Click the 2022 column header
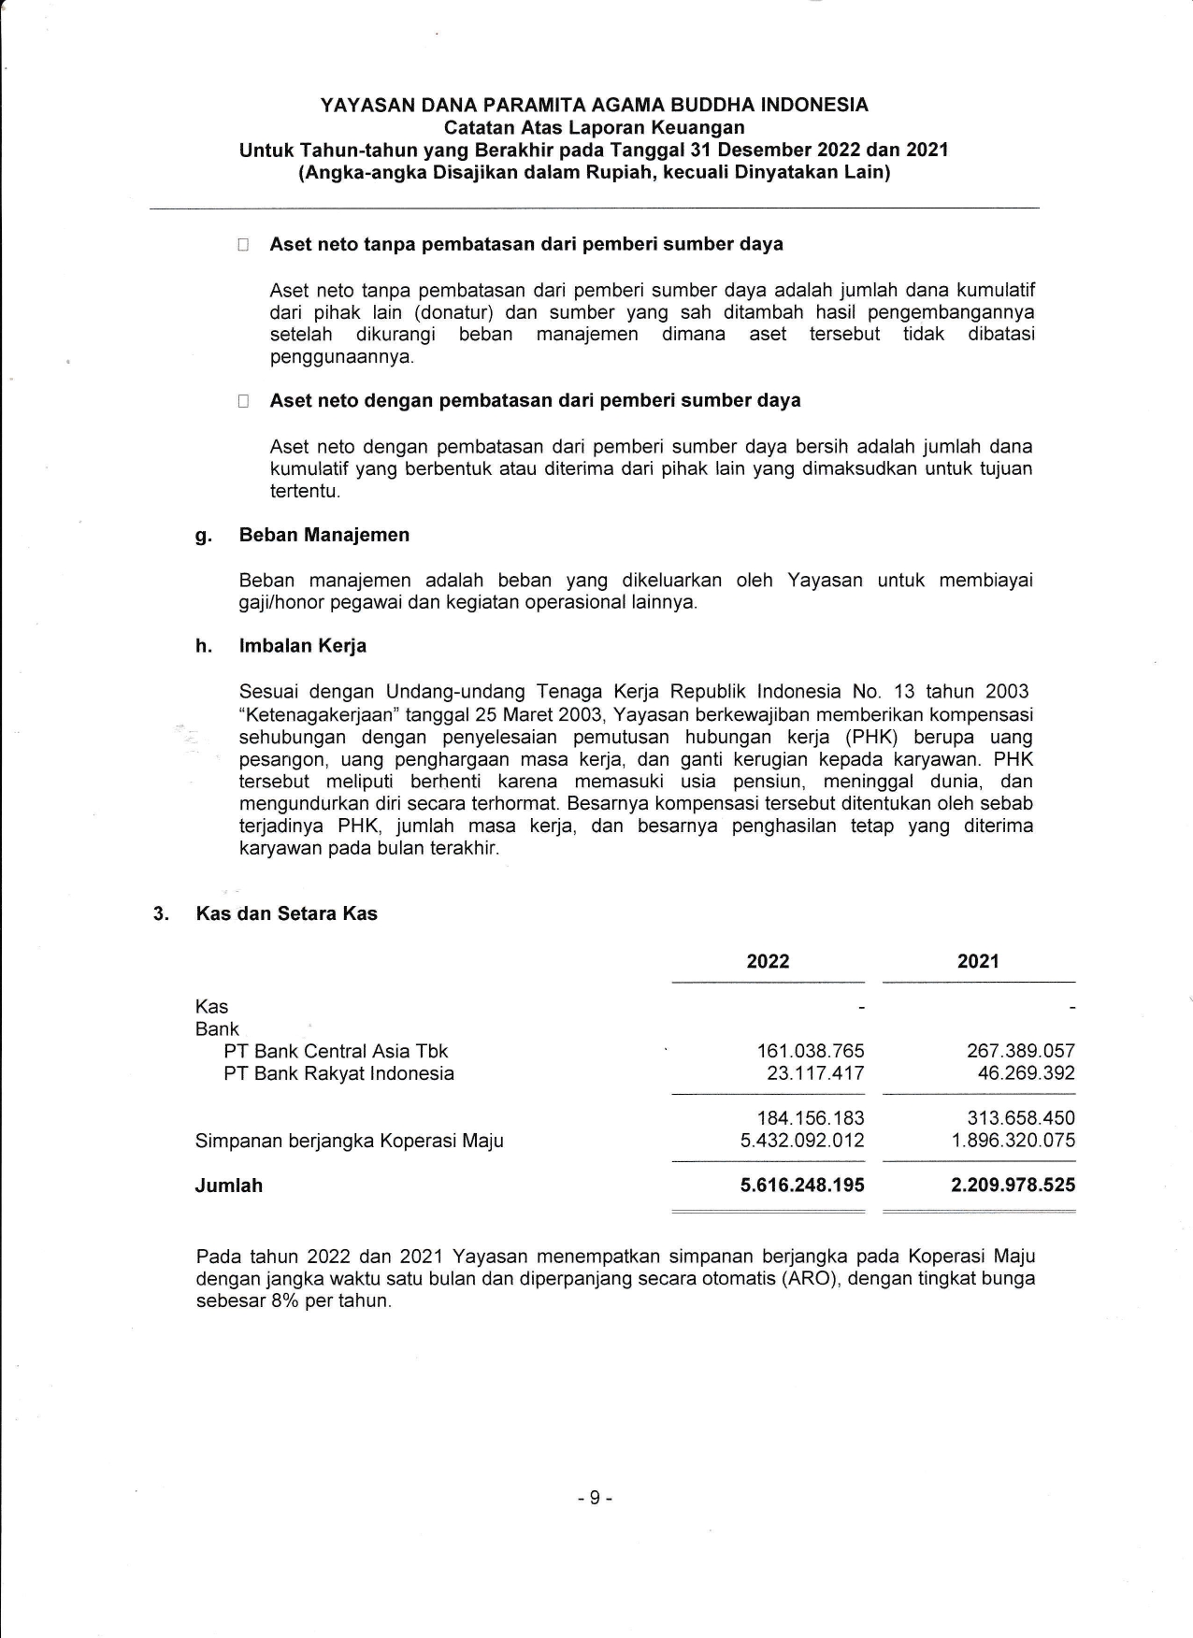[x=768, y=961]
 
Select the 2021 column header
[x=978, y=961]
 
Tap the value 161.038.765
[x=811, y=1051]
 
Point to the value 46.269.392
[x=1026, y=1073]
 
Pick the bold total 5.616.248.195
[x=802, y=1185]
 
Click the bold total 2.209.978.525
[x=1013, y=1185]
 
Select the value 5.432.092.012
[x=802, y=1141]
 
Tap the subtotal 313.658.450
[x=1020, y=1118]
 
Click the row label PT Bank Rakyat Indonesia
[x=338, y=1073]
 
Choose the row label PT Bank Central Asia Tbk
[x=336, y=1051]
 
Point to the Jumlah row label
[x=229, y=1185]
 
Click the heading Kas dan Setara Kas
[x=286, y=913]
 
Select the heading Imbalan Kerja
[x=303, y=646]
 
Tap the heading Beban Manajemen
[x=324, y=535]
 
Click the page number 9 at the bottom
[x=596, y=1498]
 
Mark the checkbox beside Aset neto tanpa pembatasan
[x=243, y=245]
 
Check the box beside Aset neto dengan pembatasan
[x=243, y=401]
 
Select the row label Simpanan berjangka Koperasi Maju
[x=349, y=1141]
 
